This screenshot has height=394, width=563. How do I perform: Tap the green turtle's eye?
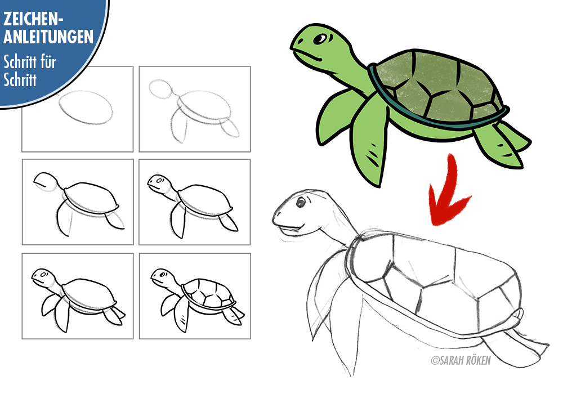[x=320, y=39]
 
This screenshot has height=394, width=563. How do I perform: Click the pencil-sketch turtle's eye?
[x=300, y=203]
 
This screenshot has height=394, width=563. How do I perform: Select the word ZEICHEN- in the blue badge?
[x=33, y=19]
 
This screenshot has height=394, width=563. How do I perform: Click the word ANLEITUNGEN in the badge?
[x=48, y=37]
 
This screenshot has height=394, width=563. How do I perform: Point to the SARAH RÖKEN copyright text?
[x=461, y=360]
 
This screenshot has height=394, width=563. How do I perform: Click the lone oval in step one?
[x=86, y=108]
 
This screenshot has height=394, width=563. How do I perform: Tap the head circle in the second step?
[x=160, y=89]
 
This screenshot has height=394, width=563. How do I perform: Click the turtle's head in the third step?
[x=46, y=182]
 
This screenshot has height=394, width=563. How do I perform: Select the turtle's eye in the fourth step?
[x=159, y=180]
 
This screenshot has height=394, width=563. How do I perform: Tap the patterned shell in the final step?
[x=209, y=293]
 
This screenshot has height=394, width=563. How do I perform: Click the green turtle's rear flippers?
[x=503, y=144]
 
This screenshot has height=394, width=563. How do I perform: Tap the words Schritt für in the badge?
[x=30, y=62]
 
